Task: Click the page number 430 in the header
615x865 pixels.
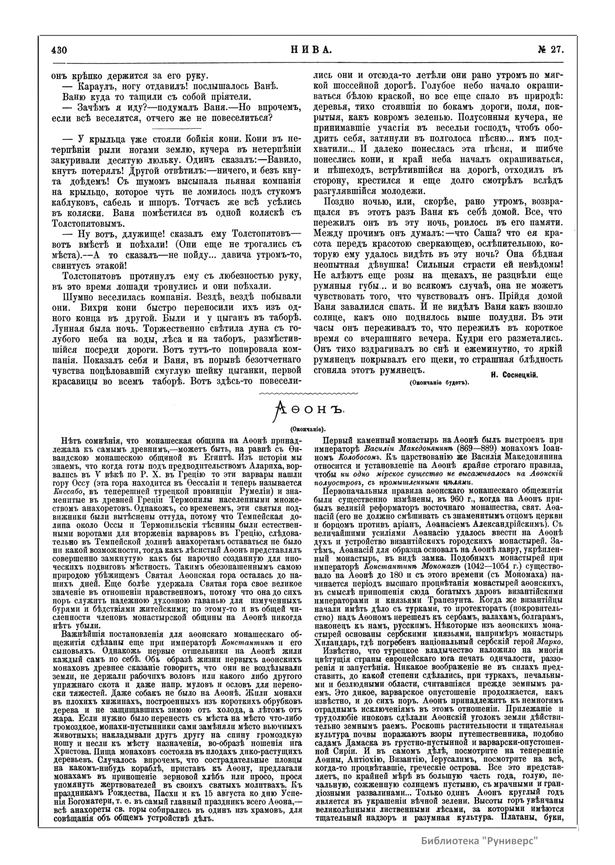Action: (x=60, y=50)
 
